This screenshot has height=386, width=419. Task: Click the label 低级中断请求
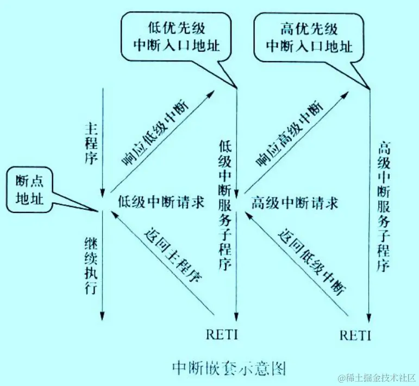coord(161,202)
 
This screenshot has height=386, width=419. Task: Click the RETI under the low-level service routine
coord(222,334)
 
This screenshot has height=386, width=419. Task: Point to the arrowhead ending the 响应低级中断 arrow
coord(211,96)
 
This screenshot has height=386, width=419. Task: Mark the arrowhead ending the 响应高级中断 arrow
coord(345,96)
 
